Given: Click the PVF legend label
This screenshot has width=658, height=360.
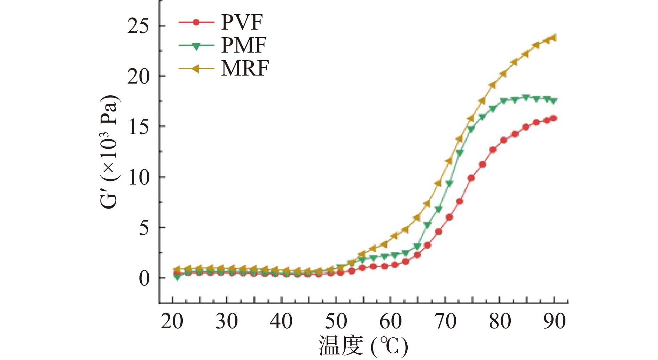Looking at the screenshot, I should (242, 23).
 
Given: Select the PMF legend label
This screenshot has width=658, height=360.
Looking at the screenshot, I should (244, 46).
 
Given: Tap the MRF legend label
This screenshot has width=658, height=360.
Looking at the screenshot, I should (245, 68).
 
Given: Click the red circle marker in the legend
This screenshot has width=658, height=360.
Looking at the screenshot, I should (196, 23).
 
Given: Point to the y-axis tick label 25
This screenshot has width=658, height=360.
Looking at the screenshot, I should (138, 26).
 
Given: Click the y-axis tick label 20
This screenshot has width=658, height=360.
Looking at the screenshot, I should (138, 77).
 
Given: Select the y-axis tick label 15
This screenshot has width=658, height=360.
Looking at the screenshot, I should (138, 127).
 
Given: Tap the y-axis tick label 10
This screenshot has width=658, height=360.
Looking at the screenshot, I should (138, 177).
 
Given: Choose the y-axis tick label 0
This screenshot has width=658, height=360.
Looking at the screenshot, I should (144, 278).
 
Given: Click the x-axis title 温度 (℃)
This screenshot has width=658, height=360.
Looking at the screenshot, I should (363, 346).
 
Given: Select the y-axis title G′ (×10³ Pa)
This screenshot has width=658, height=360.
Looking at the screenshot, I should (109, 152).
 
